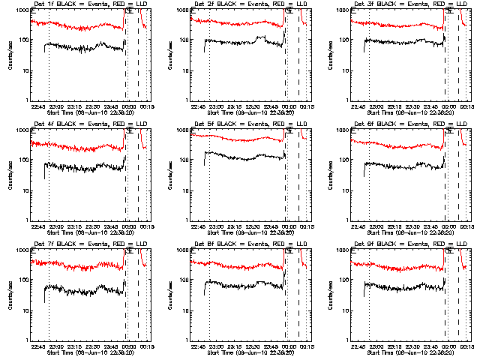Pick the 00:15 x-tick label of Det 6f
tap(466, 226)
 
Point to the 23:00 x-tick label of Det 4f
tap(56, 226)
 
